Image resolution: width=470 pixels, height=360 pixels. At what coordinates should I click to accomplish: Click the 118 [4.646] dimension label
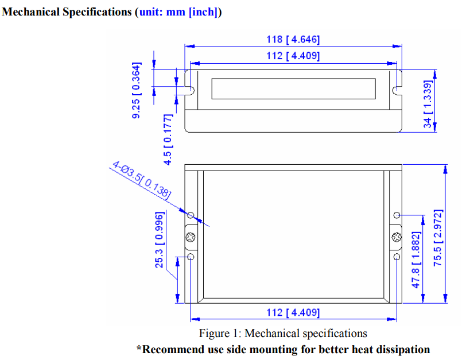click(x=293, y=40)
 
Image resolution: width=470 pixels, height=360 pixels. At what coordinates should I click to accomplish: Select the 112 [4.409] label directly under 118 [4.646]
click(x=293, y=56)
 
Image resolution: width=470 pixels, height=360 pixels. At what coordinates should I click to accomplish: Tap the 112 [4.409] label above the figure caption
click(x=293, y=312)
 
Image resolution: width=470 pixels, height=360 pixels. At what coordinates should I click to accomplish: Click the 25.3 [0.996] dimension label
click(x=160, y=240)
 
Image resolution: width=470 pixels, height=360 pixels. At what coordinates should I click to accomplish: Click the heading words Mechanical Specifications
click(x=67, y=12)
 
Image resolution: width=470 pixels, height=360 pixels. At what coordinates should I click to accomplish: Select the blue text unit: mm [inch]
click(x=178, y=12)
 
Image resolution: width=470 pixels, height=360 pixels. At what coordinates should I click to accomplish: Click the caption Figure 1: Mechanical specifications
click(x=283, y=333)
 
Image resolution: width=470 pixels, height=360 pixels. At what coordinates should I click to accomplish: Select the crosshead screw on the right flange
click(x=395, y=236)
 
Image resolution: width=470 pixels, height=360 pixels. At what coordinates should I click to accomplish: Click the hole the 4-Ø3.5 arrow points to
click(x=191, y=216)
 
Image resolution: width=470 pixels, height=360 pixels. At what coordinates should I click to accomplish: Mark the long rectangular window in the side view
click(x=293, y=89)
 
